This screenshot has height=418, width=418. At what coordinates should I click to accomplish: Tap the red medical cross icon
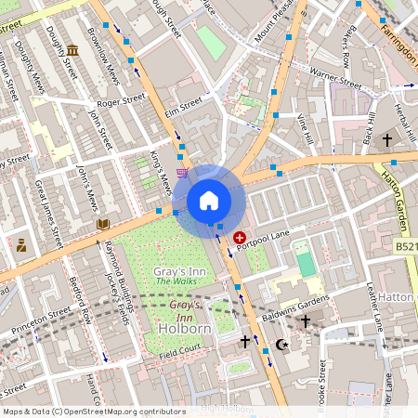[241, 238]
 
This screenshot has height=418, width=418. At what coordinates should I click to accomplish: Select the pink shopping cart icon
[183, 173]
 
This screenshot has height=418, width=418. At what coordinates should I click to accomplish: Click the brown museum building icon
[72, 49]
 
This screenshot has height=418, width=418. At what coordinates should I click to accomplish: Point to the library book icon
[103, 224]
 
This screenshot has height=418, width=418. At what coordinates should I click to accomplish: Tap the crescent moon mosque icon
[282, 345]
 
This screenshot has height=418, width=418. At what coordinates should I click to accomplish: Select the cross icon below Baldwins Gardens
[305, 321]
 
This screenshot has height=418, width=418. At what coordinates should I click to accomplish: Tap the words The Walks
[174, 281]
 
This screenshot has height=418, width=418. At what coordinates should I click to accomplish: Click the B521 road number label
[405, 248]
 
